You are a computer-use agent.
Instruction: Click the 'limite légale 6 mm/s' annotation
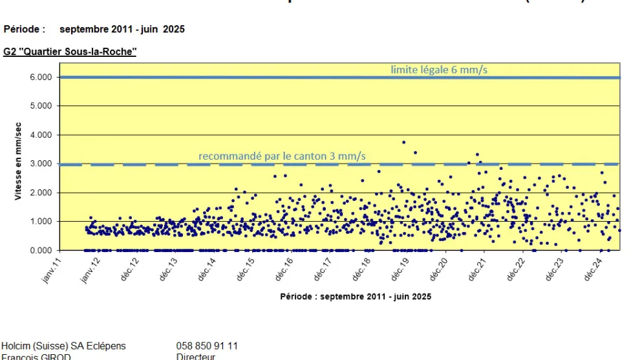438,70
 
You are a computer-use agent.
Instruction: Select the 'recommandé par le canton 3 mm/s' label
282,156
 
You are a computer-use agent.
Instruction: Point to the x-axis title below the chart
356,297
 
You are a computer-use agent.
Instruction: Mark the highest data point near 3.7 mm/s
404,142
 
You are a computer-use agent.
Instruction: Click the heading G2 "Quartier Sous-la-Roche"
70,52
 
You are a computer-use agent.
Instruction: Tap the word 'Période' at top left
24,29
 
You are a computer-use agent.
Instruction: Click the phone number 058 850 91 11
207,346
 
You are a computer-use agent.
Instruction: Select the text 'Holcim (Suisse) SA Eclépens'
63,346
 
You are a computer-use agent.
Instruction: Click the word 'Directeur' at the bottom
196,356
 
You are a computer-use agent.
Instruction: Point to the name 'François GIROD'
36,356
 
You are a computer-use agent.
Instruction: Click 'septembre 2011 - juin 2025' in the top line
122,29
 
